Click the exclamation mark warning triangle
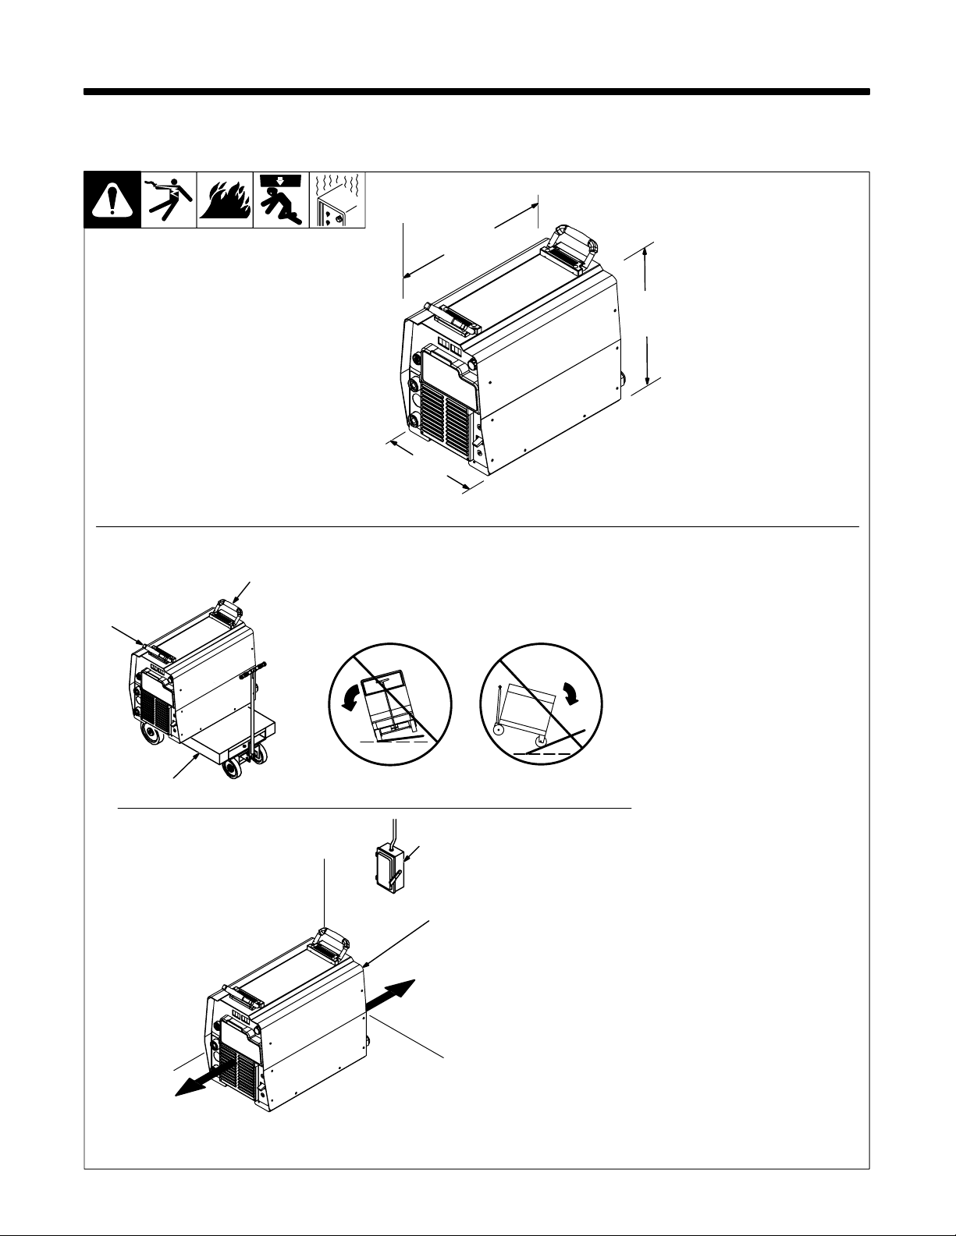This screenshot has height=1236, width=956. (x=112, y=201)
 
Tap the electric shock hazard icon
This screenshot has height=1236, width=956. (x=169, y=200)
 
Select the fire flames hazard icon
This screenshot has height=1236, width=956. (x=225, y=201)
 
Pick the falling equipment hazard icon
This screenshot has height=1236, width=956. (x=281, y=200)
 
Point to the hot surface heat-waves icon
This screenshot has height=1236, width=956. (x=338, y=201)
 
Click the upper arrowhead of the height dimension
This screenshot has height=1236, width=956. (x=645, y=251)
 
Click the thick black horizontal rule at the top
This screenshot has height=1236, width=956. (x=477, y=92)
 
